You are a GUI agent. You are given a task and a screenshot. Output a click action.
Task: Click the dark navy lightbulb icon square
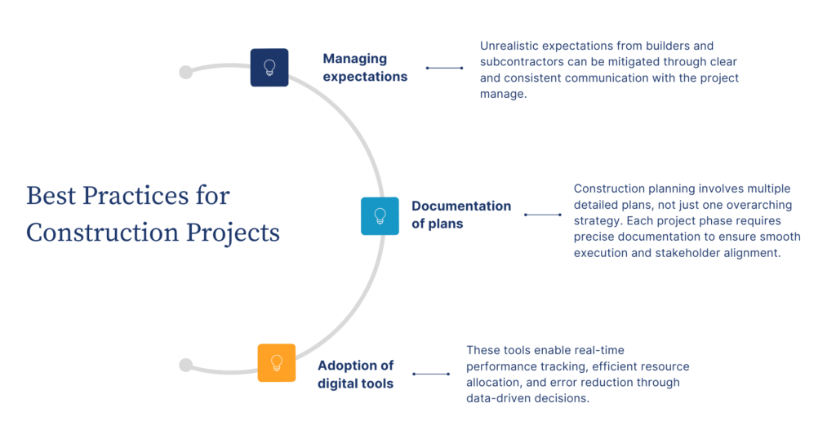coord(269,68)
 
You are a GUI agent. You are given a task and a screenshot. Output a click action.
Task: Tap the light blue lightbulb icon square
coord(380,215)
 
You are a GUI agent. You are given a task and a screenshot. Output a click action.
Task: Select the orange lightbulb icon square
coord(277,362)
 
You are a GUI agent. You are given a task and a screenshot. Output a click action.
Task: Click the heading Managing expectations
coord(364,68)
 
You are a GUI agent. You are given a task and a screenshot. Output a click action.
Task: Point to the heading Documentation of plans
coord(461,215)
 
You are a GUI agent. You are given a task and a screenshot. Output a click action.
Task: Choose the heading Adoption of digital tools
coord(356,374)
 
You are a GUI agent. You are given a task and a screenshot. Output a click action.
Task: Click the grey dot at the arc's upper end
coord(186,72)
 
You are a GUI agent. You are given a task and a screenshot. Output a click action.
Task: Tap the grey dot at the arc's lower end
coord(186,365)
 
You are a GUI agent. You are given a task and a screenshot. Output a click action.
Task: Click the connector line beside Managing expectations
coord(444,68)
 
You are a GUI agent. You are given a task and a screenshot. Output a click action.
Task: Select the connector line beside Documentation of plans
coord(542,215)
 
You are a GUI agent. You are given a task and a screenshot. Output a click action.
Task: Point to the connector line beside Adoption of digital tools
coord(431,374)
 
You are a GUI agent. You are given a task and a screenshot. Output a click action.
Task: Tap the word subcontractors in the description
coord(523,62)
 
